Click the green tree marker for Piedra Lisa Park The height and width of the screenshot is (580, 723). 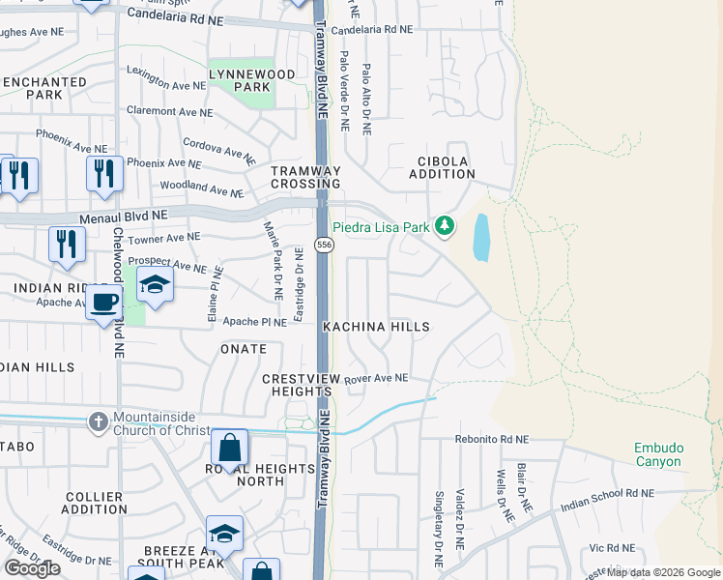(444, 226)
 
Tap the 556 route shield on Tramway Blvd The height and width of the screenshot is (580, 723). (326, 246)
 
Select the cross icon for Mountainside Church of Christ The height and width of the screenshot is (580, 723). (98, 421)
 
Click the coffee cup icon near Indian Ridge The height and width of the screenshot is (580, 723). (104, 304)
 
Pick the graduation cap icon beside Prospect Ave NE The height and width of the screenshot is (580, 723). (154, 285)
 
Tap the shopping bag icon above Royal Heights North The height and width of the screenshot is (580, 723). (230, 449)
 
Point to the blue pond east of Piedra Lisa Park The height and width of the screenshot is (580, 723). (481, 238)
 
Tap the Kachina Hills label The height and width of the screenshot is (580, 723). (376, 328)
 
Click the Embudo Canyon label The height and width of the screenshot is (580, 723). (657, 454)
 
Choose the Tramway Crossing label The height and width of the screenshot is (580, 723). (305, 177)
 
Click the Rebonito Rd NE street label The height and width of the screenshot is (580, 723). (492, 439)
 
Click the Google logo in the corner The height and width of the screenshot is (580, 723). (32, 567)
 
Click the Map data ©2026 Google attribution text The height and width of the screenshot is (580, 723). (664, 572)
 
